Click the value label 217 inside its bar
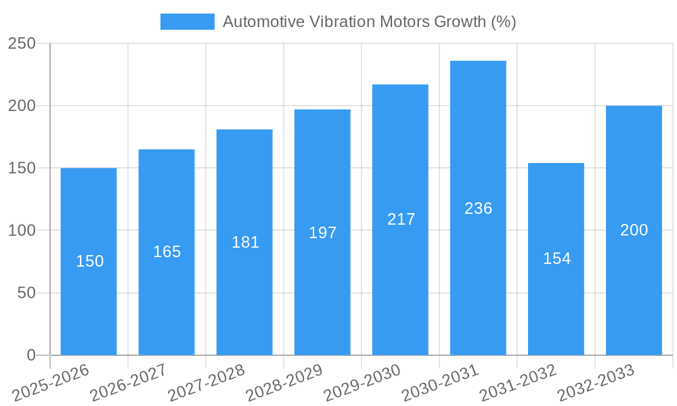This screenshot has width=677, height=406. pos(401,219)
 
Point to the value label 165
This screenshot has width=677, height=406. pos(167,252)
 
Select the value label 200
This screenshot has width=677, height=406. pos(634,230)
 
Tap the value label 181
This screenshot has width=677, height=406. pos(245,242)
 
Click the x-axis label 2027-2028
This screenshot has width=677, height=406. pos(206,382)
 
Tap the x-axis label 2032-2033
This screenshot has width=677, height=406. pos(596,382)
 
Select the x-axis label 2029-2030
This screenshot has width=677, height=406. pos(362,382)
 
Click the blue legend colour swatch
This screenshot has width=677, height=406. pos(187,22)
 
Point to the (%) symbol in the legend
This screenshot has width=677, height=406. pos(503,22)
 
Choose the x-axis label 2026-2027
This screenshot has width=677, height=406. pos(129,382)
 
